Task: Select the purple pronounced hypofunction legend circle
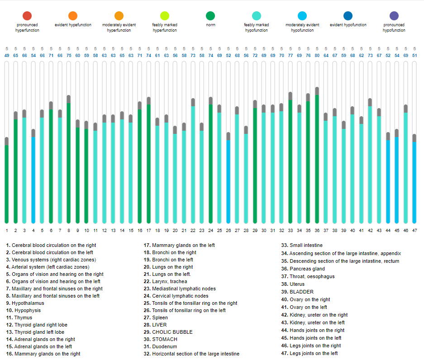point(394,16)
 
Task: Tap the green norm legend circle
point(210,16)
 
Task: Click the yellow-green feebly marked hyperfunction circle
point(165,16)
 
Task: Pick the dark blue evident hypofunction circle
point(348,16)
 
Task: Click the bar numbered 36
point(317,158)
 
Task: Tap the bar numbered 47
point(414,181)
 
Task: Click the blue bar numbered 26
point(228,181)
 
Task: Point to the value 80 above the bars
point(317,55)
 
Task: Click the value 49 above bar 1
point(6,55)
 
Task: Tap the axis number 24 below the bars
point(210,230)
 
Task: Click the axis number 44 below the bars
point(388,230)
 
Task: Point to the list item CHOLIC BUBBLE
point(172,332)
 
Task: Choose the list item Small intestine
point(306,245)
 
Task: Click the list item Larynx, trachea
point(169,281)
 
